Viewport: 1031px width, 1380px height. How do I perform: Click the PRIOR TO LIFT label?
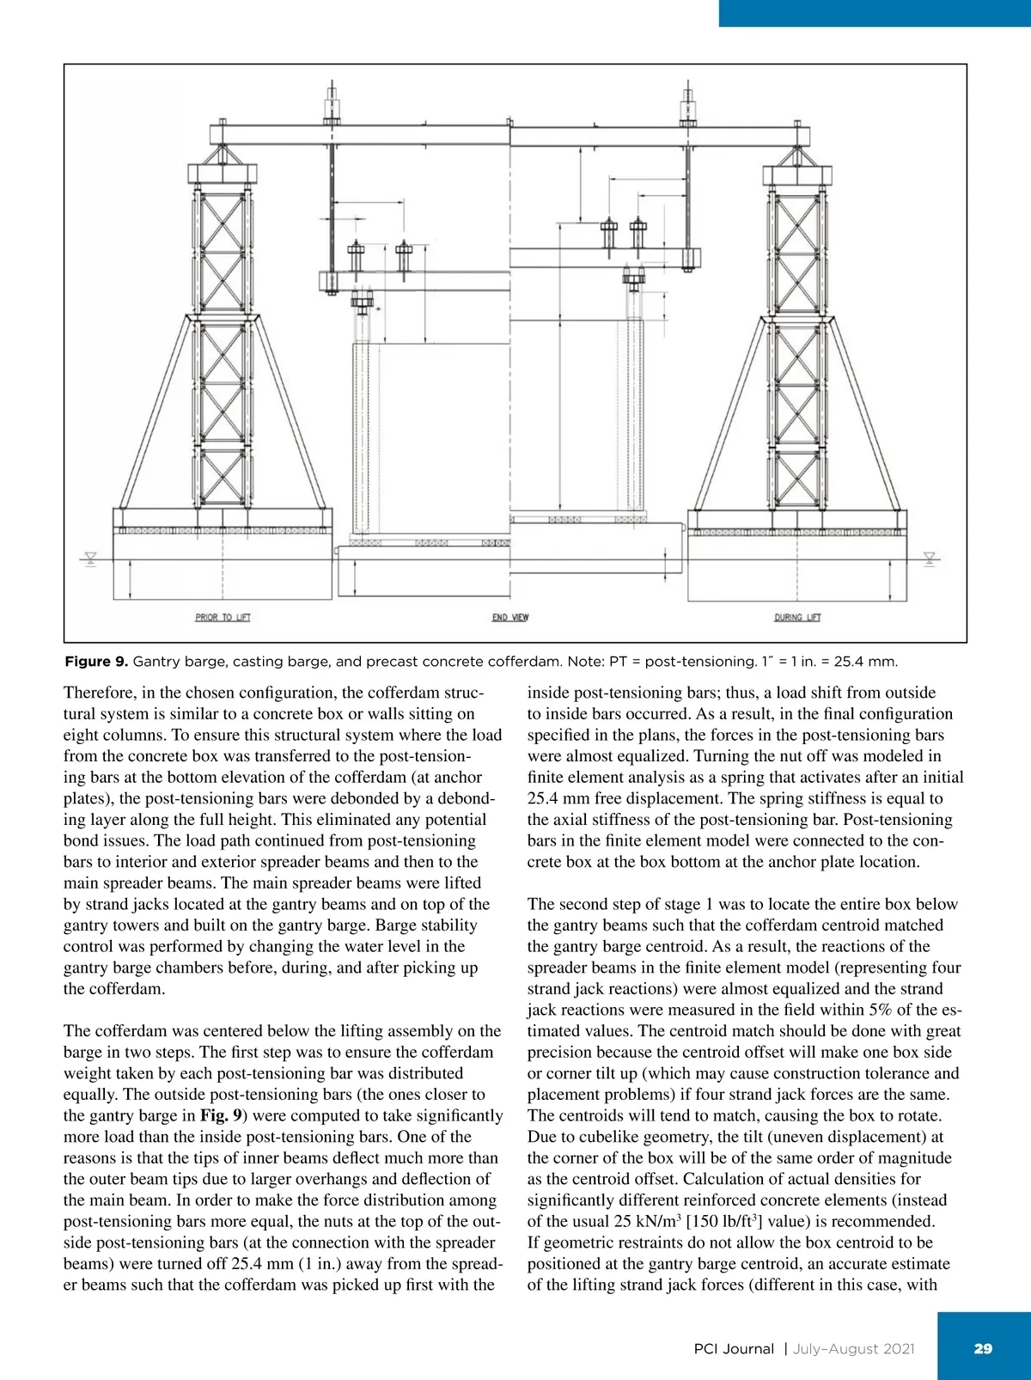(x=223, y=617)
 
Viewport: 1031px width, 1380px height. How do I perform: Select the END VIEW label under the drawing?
(x=510, y=617)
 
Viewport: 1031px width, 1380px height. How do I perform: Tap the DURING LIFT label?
(x=798, y=617)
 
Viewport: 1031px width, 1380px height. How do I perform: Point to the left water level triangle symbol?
(x=90, y=558)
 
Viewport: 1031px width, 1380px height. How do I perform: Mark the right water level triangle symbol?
(x=929, y=558)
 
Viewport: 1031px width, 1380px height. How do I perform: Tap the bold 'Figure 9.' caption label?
(x=96, y=662)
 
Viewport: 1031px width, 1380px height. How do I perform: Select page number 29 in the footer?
(x=983, y=1348)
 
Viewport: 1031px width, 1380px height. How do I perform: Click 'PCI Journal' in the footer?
(x=733, y=1349)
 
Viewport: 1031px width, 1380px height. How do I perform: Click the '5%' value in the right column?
(x=887, y=1011)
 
